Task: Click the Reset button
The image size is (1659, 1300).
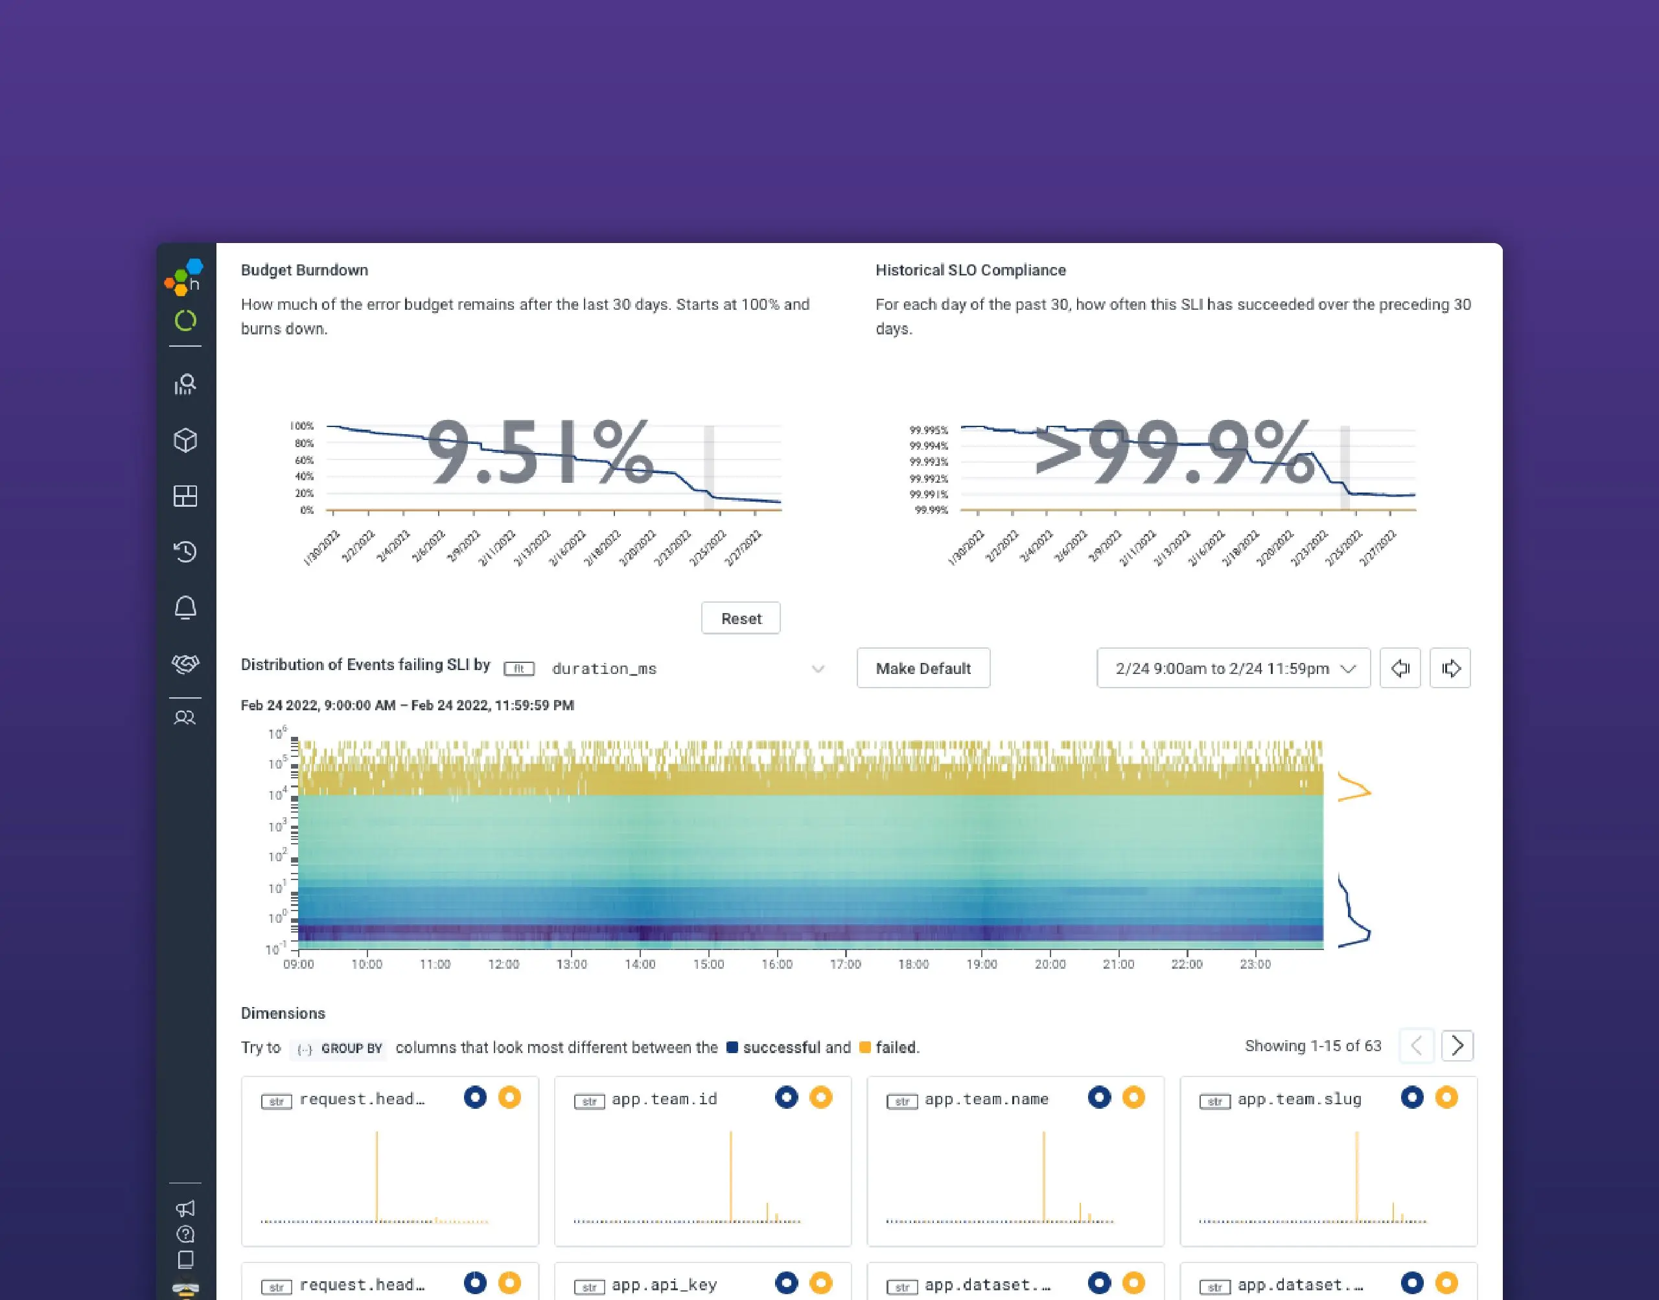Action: pos(741,618)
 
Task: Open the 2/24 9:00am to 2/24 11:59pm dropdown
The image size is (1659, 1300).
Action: pos(1233,668)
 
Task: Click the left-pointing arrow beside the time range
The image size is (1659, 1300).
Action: pos(1400,668)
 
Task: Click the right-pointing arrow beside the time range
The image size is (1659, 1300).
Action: pos(1450,668)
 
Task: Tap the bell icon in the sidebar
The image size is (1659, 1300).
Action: pos(185,607)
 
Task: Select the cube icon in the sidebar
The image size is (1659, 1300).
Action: pos(185,440)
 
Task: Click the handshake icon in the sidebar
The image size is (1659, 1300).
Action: pos(185,663)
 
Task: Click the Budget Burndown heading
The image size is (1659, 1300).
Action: pos(305,270)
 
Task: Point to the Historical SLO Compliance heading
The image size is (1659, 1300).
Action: pos(970,270)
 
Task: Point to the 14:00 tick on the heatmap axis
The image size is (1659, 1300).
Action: pos(640,964)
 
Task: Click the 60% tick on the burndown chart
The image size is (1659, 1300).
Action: pos(304,459)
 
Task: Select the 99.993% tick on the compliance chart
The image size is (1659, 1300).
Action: pos(929,462)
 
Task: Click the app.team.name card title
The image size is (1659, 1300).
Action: pos(986,1099)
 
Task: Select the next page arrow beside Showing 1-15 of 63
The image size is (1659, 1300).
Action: pos(1457,1046)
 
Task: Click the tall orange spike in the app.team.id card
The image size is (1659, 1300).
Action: pos(730,1176)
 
